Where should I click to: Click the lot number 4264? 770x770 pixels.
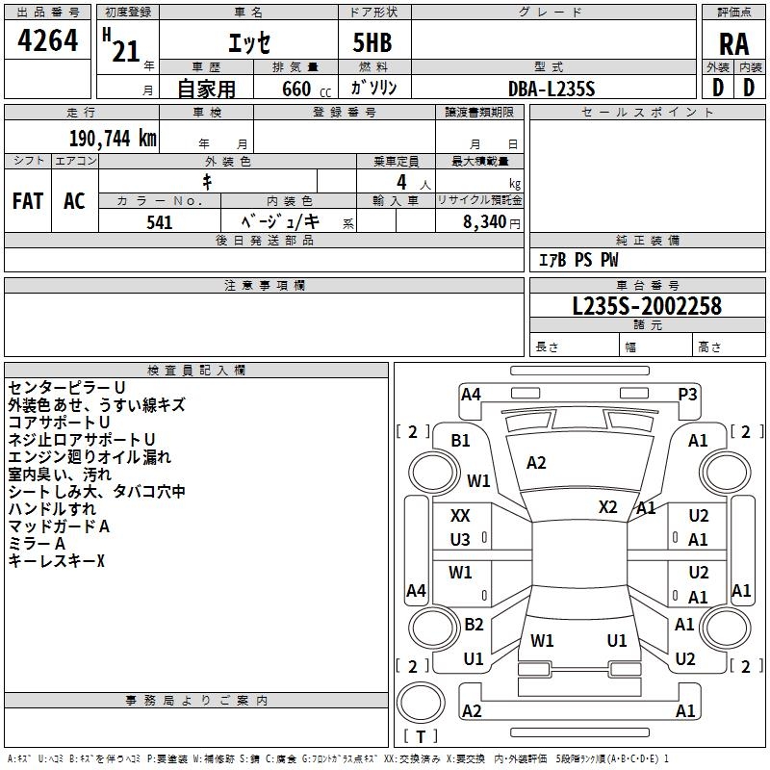point(48,41)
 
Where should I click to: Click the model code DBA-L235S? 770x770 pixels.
point(552,89)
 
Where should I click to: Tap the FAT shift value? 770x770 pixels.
point(28,201)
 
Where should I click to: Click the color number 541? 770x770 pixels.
point(160,222)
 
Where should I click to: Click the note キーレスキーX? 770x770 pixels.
point(56,560)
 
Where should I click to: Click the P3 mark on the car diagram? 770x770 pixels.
point(687,393)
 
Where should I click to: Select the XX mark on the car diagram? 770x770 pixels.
point(461,517)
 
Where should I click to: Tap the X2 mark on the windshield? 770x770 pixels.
point(607,506)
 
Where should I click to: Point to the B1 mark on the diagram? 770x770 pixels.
point(461,440)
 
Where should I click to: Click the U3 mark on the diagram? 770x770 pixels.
point(461,539)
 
